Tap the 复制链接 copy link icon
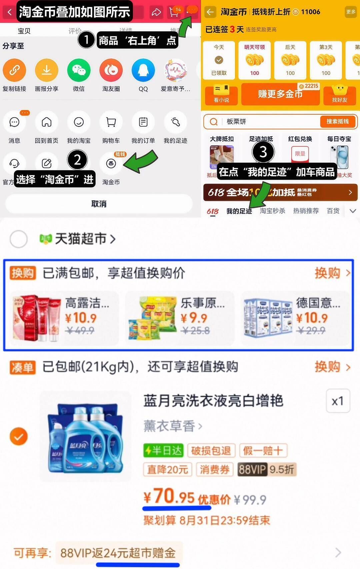point(14,70)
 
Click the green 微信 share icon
point(79,70)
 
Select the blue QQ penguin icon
point(143,70)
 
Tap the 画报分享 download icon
point(47,70)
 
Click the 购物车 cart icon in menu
point(111,122)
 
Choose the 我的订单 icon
point(143,122)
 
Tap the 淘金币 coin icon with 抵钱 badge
point(111,163)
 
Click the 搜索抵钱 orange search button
point(337,122)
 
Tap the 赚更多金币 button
point(280,94)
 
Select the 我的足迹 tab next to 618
point(239,211)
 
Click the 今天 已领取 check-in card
point(219,60)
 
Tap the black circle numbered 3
point(263,152)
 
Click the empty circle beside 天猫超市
point(19,239)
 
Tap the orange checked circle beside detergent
point(19,436)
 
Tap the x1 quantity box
point(338,401)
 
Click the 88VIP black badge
point(252,469)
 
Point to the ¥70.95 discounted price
point(169,497)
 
